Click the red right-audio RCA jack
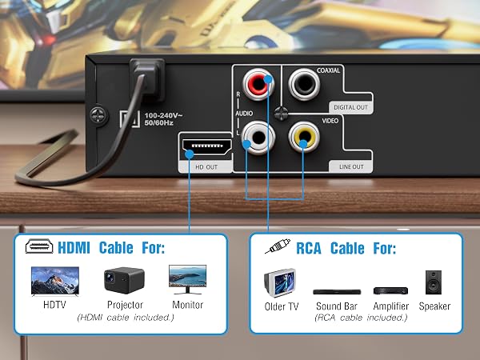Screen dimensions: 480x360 (x=258, y=85)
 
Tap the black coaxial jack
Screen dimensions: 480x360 (x=304, y=84)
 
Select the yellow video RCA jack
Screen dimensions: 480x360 (x=304, y=137)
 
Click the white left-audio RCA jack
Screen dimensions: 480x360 (x=258, y=138)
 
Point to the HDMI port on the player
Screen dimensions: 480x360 (x=207, y=146)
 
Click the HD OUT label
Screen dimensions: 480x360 (x=206, y=167)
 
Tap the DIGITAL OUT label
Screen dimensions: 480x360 (x=351, y=107)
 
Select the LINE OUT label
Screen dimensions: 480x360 (x=351, y=167)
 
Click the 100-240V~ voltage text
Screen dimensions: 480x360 (x=163, y=115)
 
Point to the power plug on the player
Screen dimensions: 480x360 (x=147, y=79)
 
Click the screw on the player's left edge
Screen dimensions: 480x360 (x=99, y=116)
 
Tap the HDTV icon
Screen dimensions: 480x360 (x=55, y=281)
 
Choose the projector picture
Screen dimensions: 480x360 (x=124, y=280)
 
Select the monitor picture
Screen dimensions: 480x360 (x=188, y=279)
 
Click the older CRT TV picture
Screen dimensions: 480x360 (x=280, y=283)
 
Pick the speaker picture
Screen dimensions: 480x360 (x=434, y=282)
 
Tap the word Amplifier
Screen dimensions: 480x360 (x=391, y=306)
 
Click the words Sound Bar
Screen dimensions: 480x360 (x=337, y=306)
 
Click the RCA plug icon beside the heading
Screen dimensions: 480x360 (x=278, y=246)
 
